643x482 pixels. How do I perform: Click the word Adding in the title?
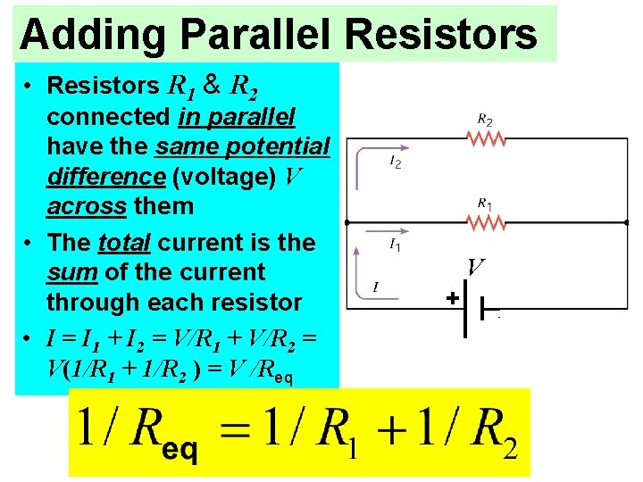(92, 34)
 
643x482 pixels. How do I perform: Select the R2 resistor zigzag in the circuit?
(486, 138)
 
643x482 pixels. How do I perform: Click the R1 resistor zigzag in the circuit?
(486, 221)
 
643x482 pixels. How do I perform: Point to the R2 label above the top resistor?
(485, 118)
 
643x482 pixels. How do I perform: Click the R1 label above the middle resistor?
(485, 204)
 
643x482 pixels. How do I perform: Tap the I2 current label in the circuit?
(395, 162)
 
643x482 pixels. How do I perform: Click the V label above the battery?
(476, 266)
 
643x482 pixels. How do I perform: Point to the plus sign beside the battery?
(452, 298)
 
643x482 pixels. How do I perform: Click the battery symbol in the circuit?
(473, 308)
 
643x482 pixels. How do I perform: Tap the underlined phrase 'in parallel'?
(237, 117)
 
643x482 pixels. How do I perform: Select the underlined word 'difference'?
(105, 177)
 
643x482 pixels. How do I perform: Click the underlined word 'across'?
(87, 206)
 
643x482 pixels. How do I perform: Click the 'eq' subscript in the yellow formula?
(180, 449)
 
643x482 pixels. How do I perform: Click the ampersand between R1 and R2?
(213, 85)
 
